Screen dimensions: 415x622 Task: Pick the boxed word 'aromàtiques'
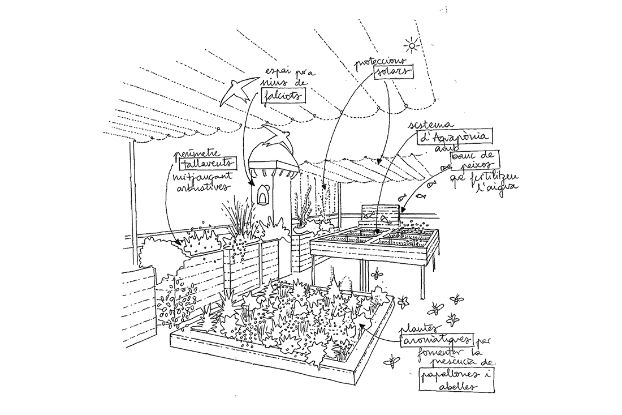click(x=437, y=340)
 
